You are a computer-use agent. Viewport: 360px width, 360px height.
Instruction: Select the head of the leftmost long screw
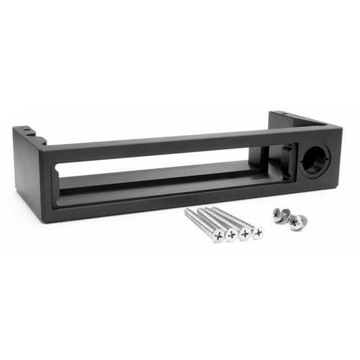coord(217,236)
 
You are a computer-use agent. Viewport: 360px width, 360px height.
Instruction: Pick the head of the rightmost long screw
coord(257,232)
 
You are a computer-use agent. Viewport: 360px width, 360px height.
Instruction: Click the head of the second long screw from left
coord(230,236)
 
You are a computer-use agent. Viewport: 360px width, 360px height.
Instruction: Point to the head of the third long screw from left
coord(244,234)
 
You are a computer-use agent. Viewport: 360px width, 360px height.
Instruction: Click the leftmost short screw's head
coord(278,213)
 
